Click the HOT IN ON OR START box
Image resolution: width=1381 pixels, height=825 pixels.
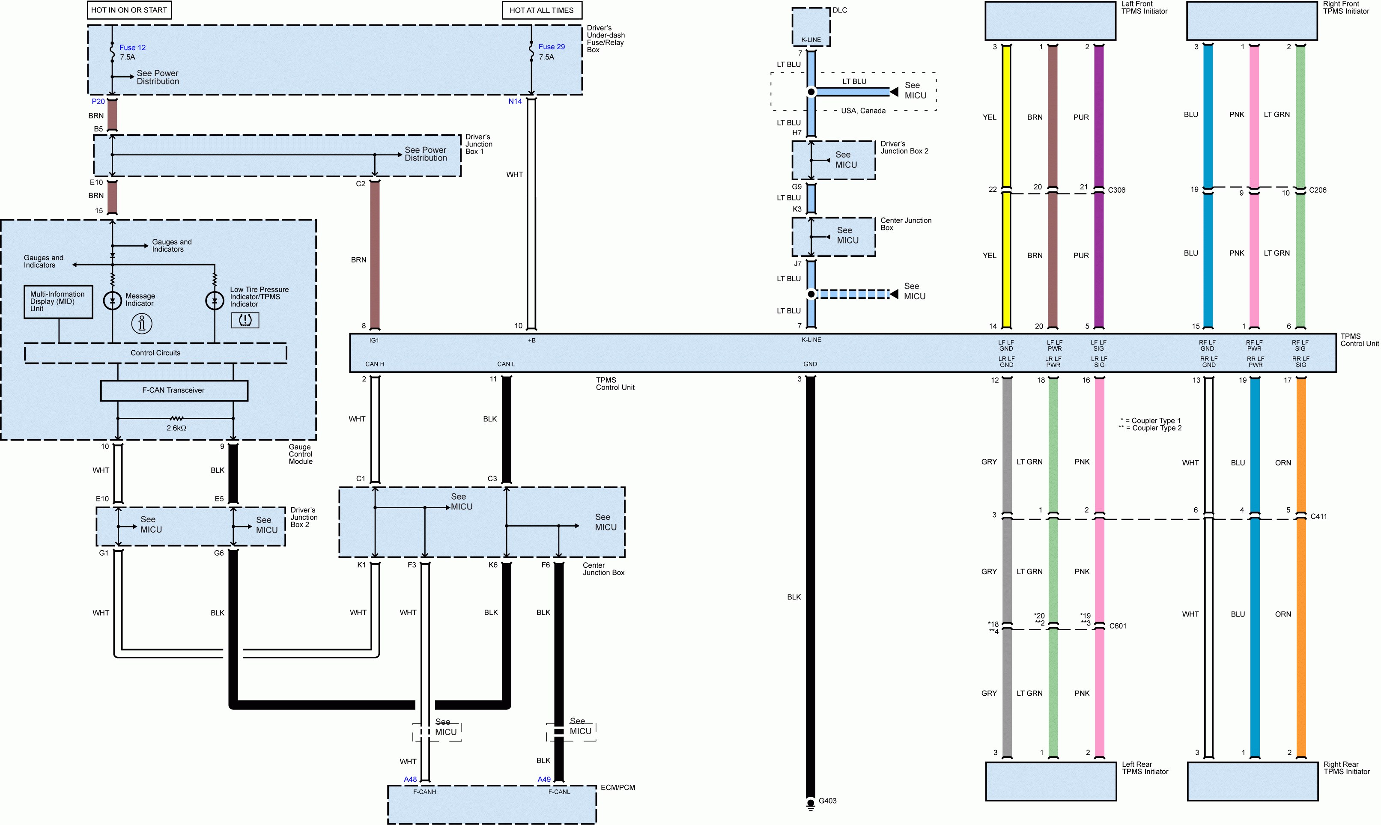click(129, 10)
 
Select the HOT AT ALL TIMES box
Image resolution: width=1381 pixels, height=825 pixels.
click(542, 10)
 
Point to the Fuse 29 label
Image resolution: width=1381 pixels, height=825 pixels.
click(552, 47)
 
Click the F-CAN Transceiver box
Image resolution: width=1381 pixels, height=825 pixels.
click(173, 390)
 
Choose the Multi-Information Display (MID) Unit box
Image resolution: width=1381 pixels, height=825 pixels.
click(58, 302)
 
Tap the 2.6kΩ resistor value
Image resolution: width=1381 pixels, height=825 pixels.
click(176, 428)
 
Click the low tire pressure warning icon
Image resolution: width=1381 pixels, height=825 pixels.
click(245, 320)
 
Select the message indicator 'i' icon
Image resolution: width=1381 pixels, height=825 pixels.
click(142, 324)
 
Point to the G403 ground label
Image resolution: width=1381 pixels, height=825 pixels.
click(827, 801)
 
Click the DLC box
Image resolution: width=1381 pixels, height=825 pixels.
click(811, 27)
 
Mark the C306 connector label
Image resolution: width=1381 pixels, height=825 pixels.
click(1116, 190)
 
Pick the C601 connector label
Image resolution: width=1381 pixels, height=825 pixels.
click(1118, 626)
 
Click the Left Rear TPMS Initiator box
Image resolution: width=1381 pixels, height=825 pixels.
click(1051, 781)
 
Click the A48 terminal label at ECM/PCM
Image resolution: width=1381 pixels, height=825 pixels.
click(410, 780)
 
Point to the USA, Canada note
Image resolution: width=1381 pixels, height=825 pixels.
click(863, 110)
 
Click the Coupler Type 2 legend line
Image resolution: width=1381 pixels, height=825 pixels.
click(1150, 428)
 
